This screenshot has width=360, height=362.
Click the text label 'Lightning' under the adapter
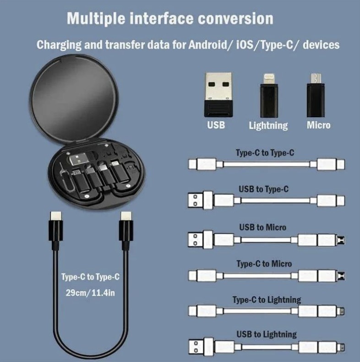[x=268, y=125]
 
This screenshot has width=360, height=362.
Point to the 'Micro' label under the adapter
[x=318, y=125]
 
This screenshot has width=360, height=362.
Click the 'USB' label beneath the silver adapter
[x=216, y=125]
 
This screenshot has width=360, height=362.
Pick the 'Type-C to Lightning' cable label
[x=267, y=300]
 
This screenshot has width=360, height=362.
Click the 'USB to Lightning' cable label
[x=266, y=334]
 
